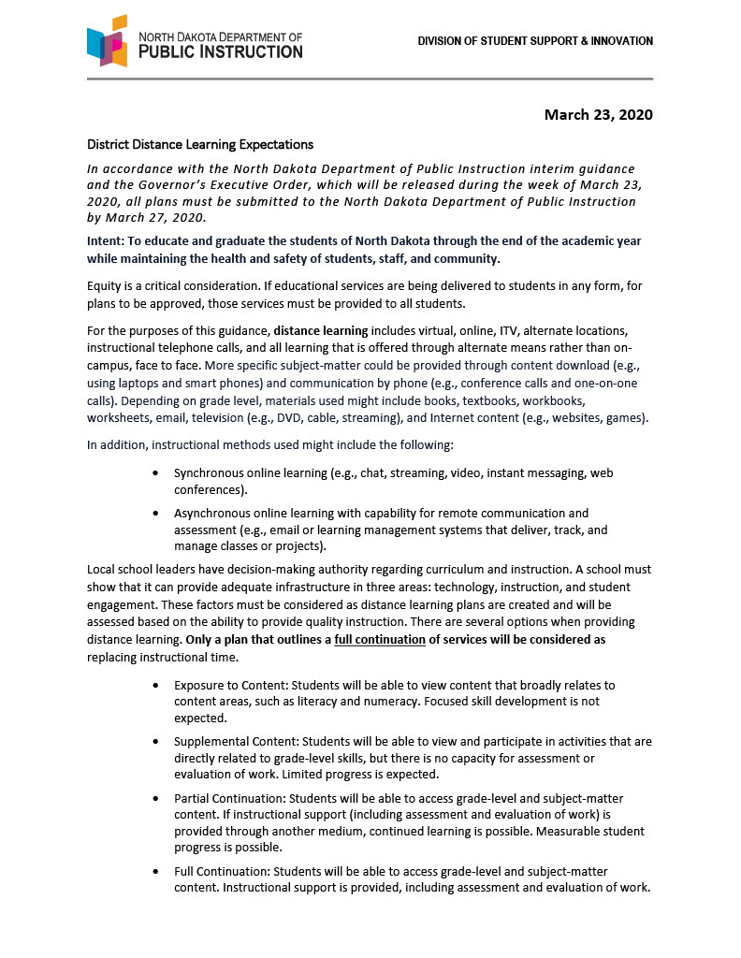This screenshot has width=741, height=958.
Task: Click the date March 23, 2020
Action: [x=598, y=115]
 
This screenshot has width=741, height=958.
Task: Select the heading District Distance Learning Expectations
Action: [x=200, y=145]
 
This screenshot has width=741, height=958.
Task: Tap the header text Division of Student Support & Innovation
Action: [x=535, y=41]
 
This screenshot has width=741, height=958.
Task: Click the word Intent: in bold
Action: [x=106, y=240]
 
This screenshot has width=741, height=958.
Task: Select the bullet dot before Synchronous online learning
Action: [x=154, y=474]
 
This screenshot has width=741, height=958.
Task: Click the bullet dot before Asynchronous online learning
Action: [x=154, y=514]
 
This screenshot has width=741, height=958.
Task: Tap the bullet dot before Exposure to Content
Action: [x=154, y=686]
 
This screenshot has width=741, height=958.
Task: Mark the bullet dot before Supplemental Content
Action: [x=154, y=742]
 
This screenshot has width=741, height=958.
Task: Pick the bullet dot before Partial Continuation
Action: [x=154, y=799]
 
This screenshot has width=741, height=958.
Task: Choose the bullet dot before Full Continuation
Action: [x=154, y=872]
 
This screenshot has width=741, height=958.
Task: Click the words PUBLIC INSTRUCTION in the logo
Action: [x=221, y=52]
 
